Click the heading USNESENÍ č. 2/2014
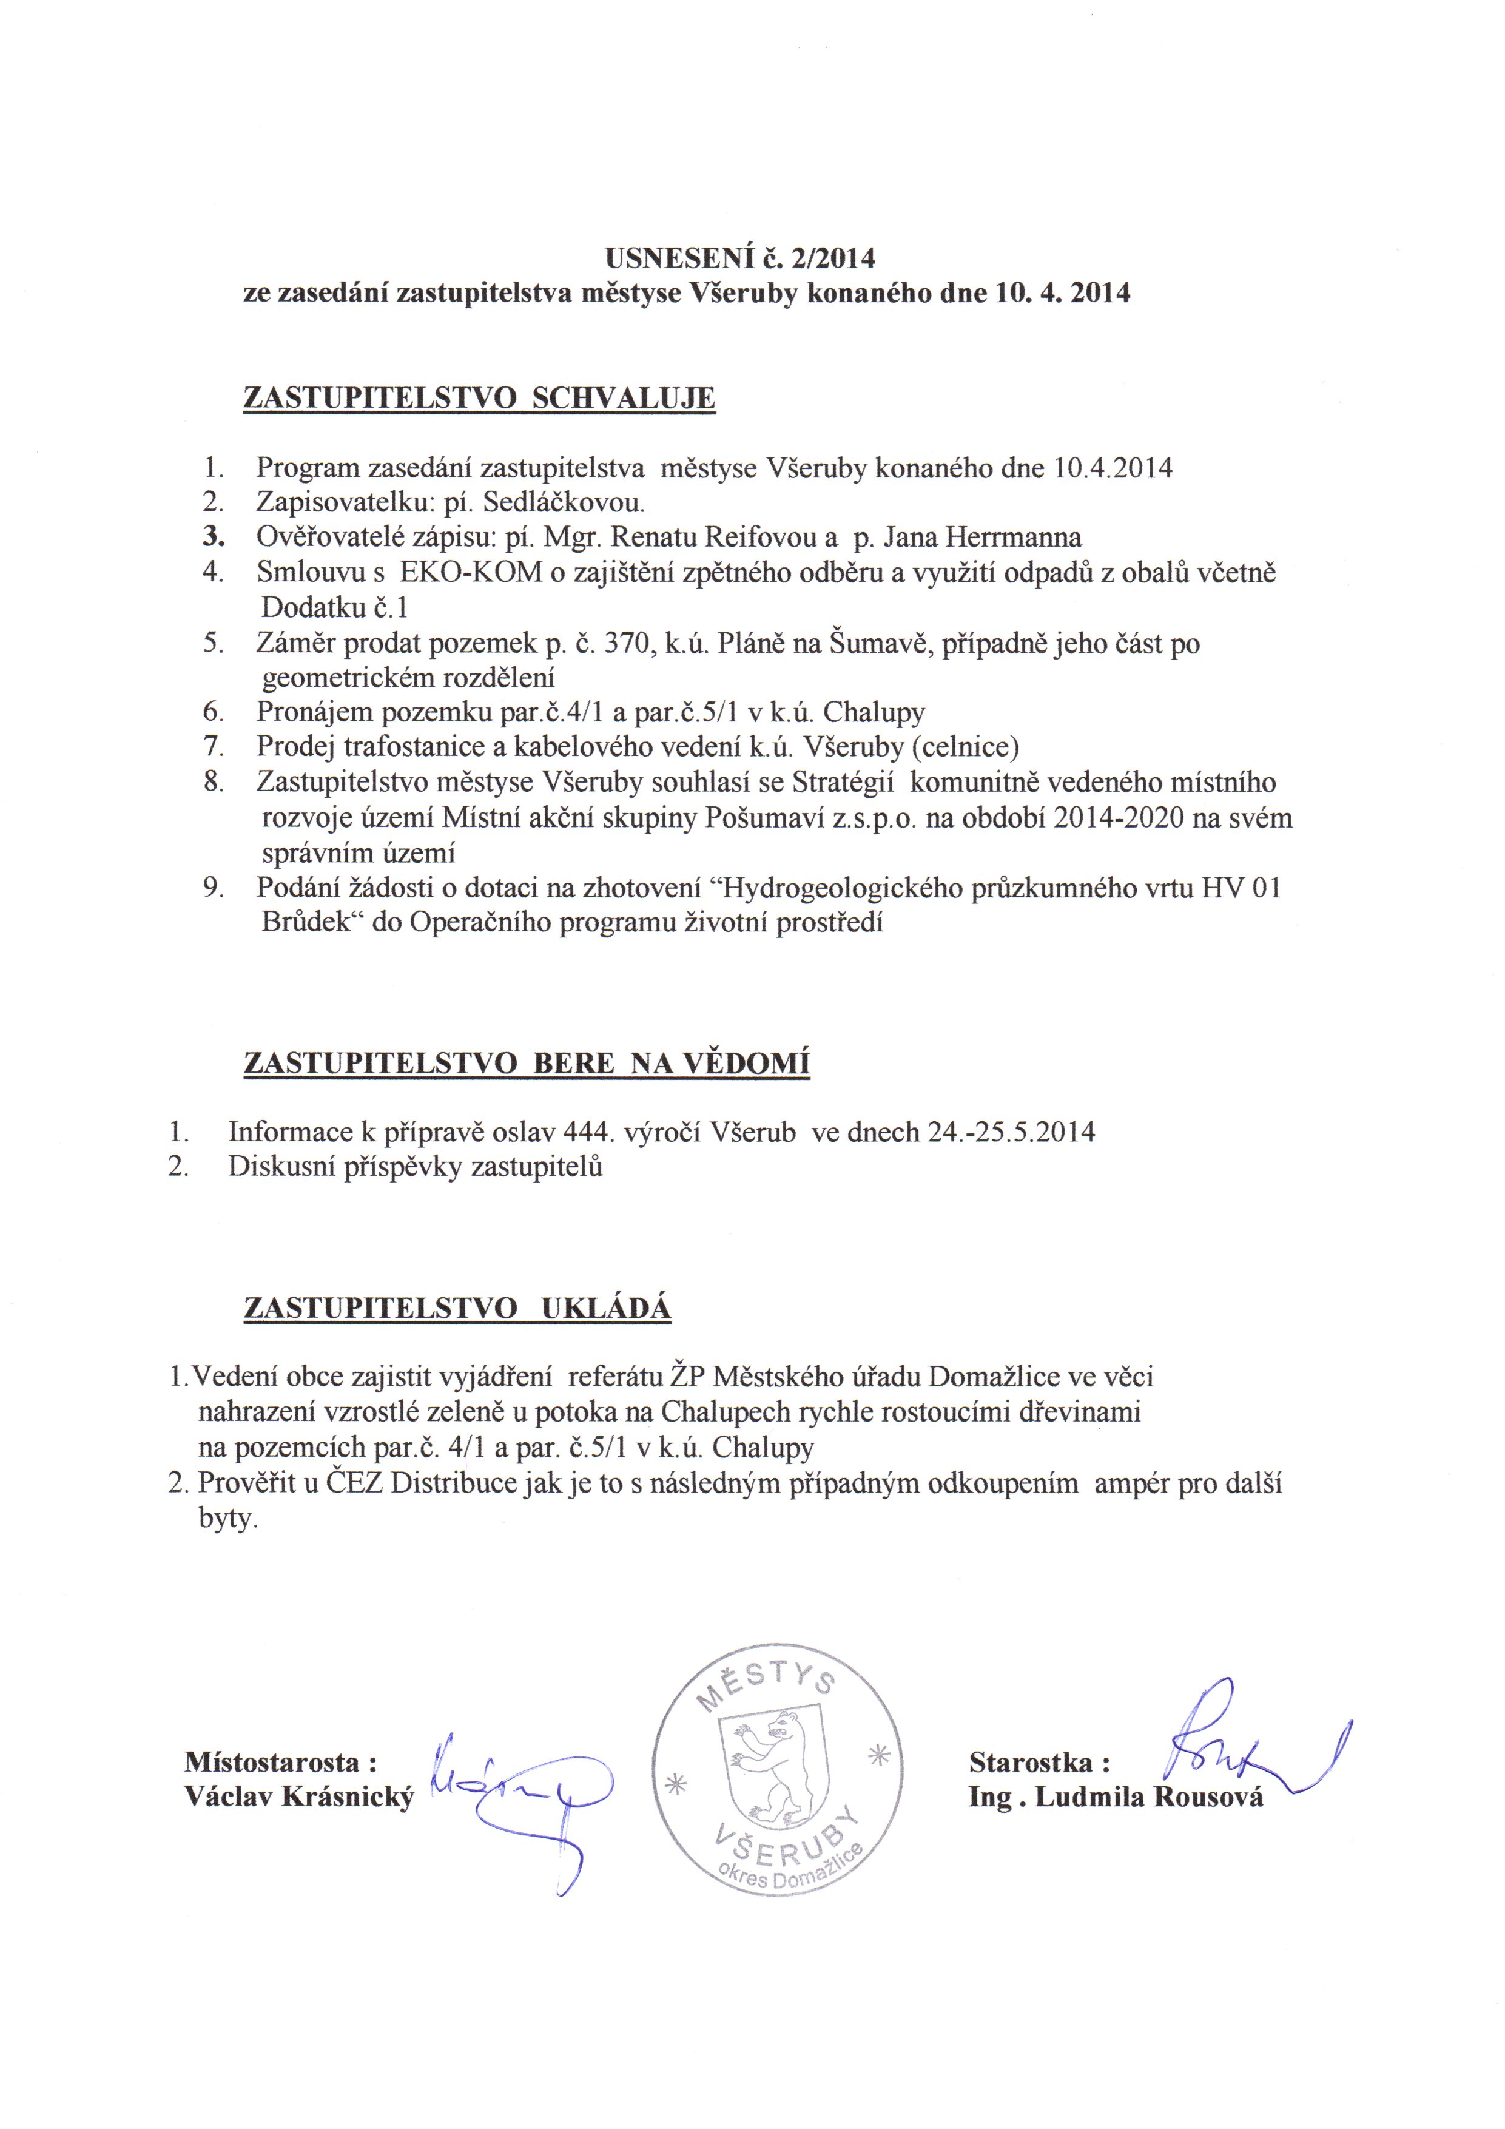740,257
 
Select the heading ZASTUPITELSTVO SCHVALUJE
479,398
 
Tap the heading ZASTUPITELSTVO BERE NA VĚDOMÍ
527,1062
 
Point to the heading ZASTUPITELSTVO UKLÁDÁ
457,1307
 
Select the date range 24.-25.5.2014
1011,1132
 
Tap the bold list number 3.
214,538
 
